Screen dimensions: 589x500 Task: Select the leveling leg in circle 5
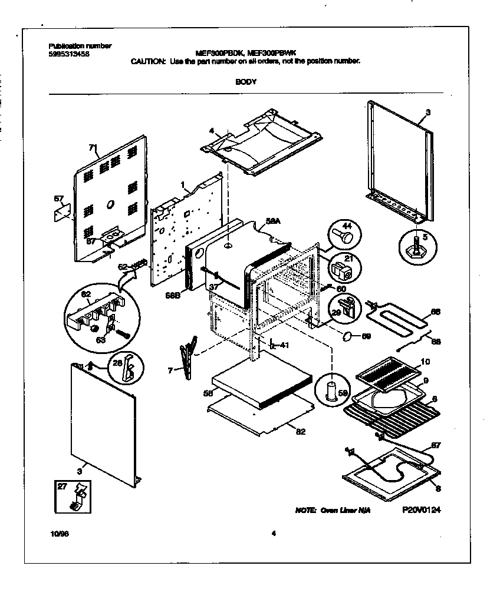click(x=417, y=243)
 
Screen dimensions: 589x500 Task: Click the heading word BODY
click(x=246, y=82)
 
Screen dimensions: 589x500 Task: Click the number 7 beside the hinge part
click(x=170, y=370)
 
